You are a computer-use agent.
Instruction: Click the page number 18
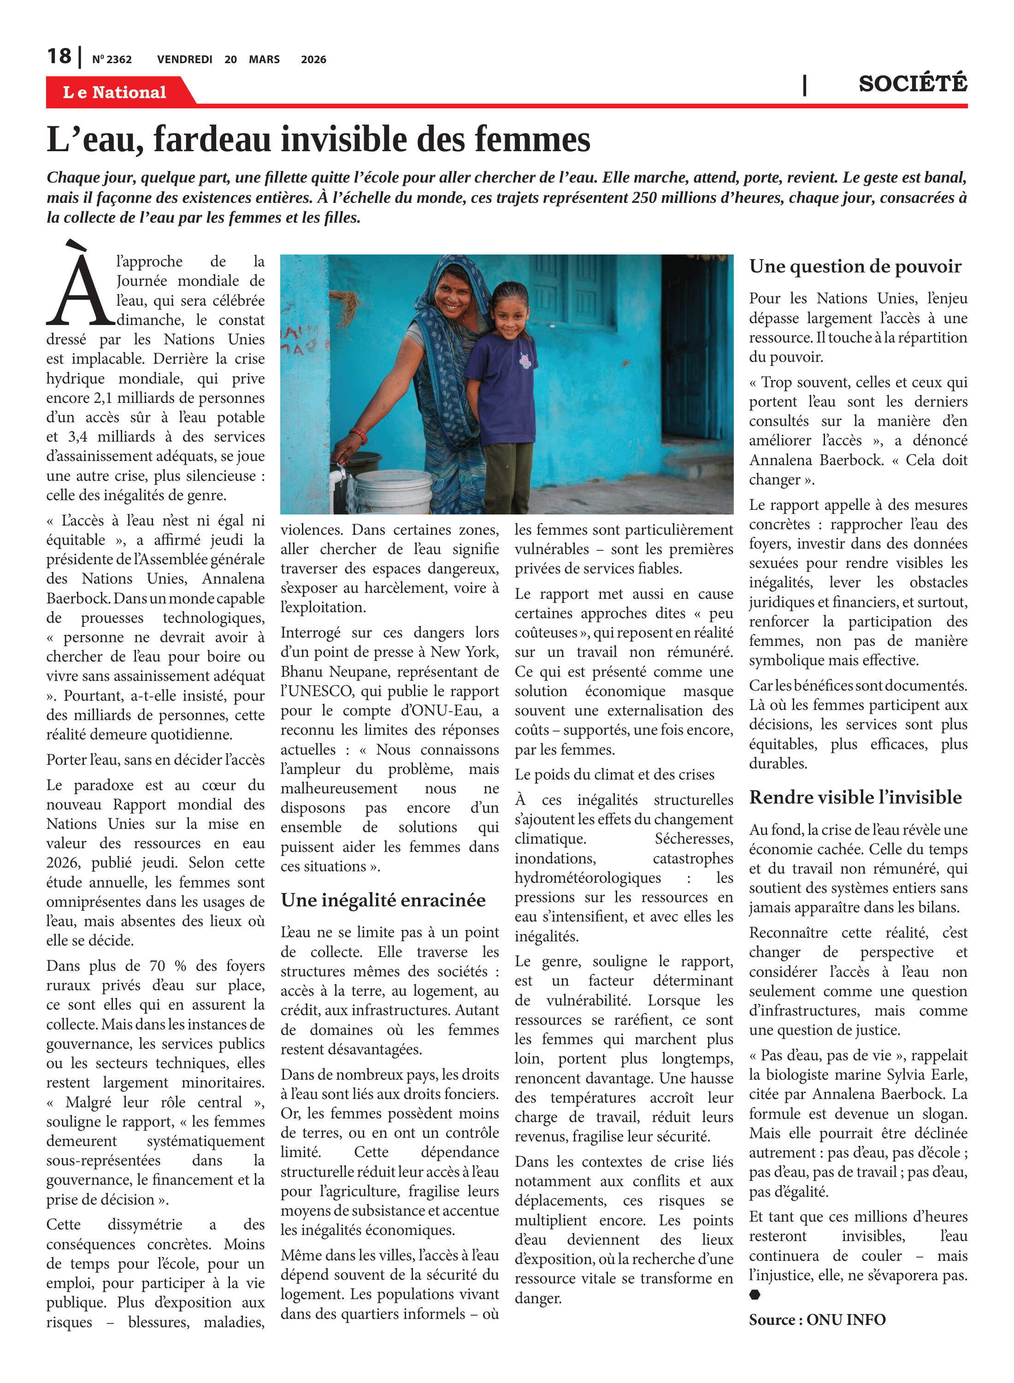59,57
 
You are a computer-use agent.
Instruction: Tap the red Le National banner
115,92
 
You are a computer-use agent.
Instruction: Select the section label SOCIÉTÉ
912,83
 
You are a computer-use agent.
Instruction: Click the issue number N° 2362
112,59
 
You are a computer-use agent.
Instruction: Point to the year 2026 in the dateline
313,59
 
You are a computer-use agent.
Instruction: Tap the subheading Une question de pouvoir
855,266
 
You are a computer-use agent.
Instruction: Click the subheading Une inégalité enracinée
383,900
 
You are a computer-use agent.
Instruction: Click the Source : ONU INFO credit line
817,1319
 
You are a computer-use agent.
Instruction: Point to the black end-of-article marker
755,1294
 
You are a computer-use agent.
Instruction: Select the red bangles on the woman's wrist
358,435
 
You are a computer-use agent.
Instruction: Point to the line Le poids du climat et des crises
614,774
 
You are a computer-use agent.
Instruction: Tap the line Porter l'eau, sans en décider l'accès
155,760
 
